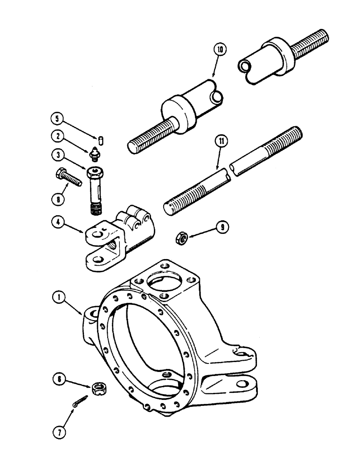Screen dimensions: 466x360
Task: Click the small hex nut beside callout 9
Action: tap(181, 239)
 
